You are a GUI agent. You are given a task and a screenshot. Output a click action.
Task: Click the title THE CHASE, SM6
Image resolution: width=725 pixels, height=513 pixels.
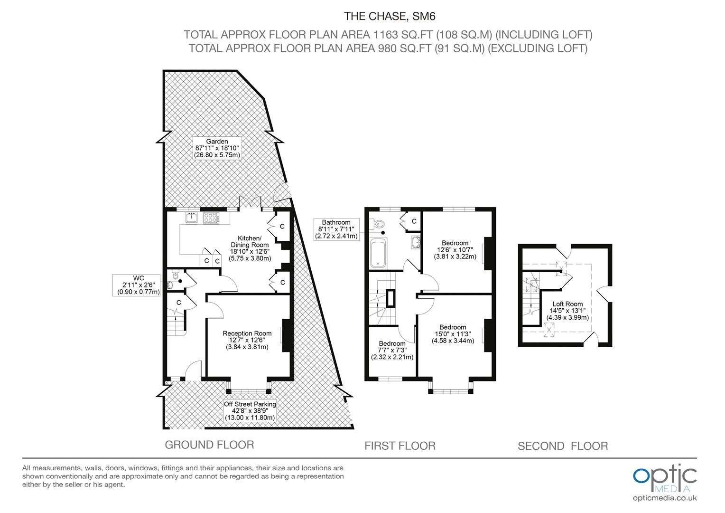click(x=390, y=16)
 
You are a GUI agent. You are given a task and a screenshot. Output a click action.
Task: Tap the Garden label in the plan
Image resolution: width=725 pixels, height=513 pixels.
click(x=217, y=148)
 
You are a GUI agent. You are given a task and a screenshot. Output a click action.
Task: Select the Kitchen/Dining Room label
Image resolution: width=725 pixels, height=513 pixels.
click(x=250, y=248)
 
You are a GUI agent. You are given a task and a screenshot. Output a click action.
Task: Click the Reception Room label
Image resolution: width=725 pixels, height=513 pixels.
click(x=247, y=340)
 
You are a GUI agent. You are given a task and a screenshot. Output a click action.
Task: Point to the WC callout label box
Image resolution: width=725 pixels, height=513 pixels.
click(x=136, y=285)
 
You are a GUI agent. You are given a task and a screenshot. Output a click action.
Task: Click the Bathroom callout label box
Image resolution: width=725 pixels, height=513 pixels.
click(x=336, y=229)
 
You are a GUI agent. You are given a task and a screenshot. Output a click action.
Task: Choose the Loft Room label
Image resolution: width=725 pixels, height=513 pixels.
click(x=567, y=311)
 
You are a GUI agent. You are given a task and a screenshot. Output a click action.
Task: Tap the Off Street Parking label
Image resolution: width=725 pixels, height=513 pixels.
click(x=250, y=410)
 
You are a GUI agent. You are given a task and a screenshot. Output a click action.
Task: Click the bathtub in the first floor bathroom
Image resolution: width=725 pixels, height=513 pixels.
click(x=377, y=253)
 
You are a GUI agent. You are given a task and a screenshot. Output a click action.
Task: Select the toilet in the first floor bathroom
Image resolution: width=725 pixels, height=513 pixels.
click(x=378, y=224)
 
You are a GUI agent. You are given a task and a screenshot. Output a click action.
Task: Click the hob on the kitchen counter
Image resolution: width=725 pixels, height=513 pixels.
click(x=211, y=218)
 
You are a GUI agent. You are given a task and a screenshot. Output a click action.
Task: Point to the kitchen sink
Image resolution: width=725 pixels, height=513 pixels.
click(x=192, y=217)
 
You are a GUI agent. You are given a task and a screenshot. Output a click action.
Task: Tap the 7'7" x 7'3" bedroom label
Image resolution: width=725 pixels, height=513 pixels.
click(x=392, y=351)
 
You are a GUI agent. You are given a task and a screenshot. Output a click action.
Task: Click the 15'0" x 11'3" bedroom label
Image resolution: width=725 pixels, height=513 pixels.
click(x=453, y=334)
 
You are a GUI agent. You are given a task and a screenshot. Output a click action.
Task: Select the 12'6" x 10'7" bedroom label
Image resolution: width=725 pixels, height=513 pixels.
click(x=455, y=249)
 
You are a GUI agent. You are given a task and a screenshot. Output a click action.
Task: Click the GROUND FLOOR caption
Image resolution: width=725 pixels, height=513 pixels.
click(x=209, y=445)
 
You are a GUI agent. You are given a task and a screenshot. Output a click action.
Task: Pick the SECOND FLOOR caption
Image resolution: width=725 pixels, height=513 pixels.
click(x=563, y=446)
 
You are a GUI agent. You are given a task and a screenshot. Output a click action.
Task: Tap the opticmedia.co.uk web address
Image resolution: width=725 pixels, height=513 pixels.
click(x=665, y=498)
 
